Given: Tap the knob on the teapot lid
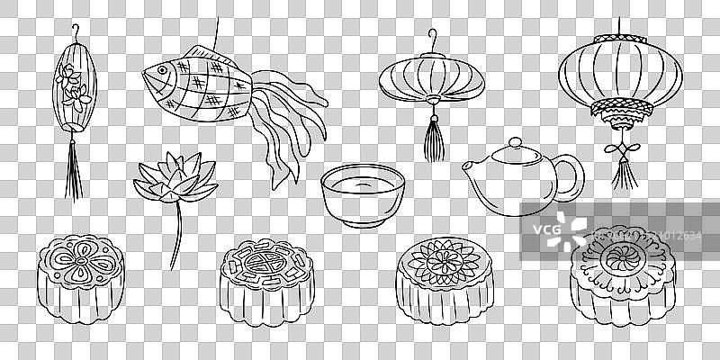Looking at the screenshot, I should [514, 142].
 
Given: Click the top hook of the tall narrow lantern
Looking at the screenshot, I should [74, 36].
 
